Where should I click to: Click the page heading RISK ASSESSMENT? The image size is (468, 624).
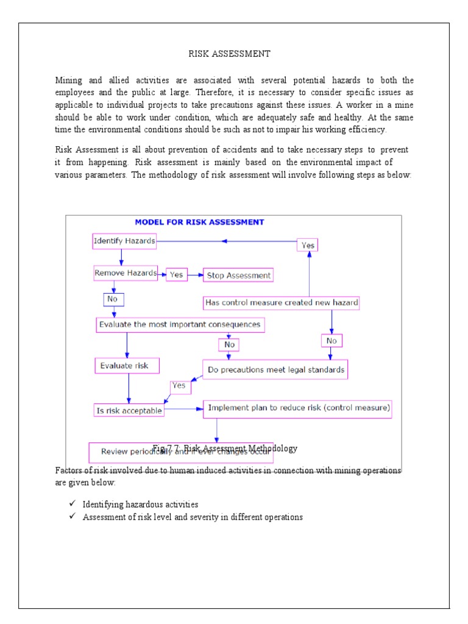coord(229,54)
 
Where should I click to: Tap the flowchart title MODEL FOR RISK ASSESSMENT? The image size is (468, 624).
coord(199,222)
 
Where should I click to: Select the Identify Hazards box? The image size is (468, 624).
coord(124,241)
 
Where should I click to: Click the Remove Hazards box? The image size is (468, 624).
coord(126,274)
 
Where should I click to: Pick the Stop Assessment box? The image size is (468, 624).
coord(238,275)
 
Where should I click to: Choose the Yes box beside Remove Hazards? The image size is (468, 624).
coord(176,275)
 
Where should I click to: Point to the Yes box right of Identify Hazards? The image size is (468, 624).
coord(308,244)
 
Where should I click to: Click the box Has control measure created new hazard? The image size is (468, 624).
coord(281,303)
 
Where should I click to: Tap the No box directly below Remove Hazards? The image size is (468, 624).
coord(113,299)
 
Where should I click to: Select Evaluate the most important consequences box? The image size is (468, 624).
coord(180,325)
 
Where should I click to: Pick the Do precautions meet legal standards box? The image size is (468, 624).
coord(275,370)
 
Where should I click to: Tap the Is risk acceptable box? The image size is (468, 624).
coord(129,410)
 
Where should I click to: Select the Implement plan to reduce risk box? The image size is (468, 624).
coord(297,408)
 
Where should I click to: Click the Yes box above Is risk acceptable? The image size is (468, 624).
coord(179,386)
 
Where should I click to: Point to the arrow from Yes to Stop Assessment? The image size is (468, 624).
coord(195,275)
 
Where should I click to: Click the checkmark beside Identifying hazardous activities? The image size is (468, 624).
coord(72,505)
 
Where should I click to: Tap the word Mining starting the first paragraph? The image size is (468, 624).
coord(68,80)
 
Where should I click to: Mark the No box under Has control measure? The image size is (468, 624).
coord(331,340)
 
